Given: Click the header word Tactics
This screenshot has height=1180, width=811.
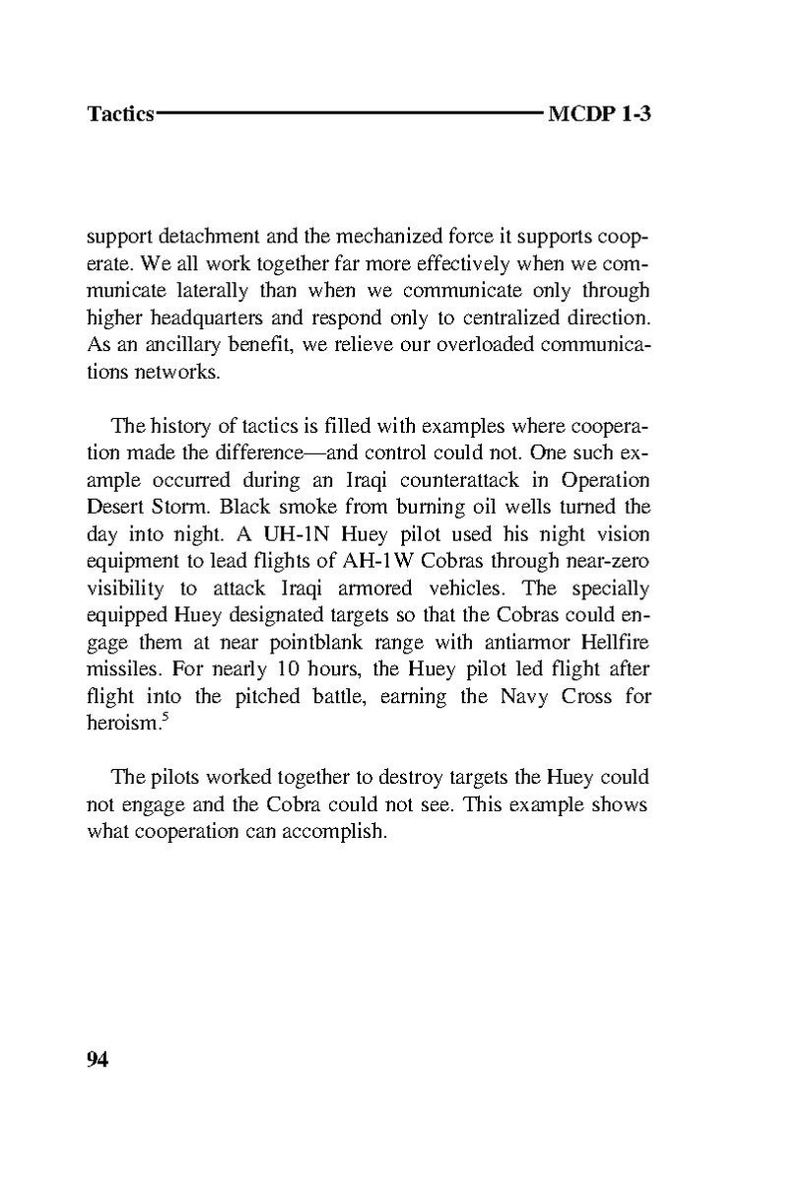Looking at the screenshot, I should (x=120, y=113).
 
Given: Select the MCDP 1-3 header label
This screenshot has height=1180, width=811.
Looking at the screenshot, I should (x=601, y=113).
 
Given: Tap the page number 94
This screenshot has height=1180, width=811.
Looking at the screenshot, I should (x=98, y=1059).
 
